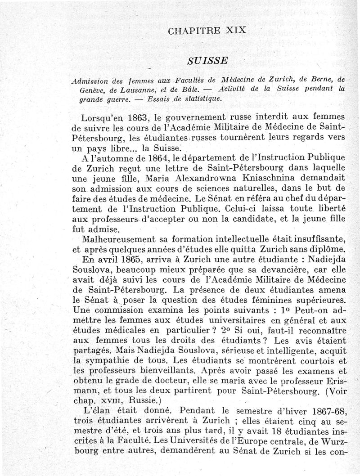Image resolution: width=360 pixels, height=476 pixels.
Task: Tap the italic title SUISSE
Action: (x=207, y=60)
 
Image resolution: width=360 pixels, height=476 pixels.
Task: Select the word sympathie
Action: (x=109, y=361)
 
